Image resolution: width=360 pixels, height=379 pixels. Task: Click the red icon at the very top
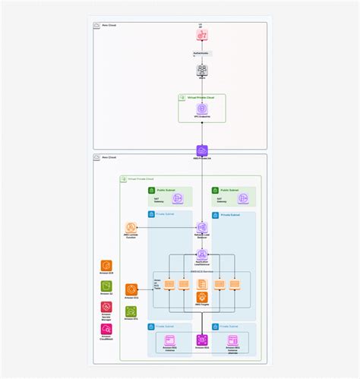tap(202, 36)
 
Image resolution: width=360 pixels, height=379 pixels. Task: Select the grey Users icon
tap(202, 70)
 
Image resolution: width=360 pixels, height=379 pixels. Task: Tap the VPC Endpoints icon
tap(202, 109)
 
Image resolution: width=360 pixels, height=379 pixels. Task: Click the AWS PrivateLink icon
tap(202, 150)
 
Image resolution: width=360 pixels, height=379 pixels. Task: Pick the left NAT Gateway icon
tap(178, 198)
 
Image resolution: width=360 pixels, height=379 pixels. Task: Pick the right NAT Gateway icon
tap(242, 198)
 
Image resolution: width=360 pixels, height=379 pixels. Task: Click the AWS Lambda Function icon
tap(131, 228)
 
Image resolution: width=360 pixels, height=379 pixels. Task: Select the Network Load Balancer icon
tap(202, 228)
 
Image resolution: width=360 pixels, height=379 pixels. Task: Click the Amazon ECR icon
tap(106, 266)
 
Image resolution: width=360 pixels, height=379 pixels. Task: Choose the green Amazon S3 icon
tap(106, 286)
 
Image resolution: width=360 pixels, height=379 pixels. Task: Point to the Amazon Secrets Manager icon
tap(106, 308)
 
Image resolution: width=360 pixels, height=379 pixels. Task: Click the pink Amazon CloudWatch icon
tap(106, 330)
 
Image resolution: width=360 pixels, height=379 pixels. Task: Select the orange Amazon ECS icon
tap(131, 289)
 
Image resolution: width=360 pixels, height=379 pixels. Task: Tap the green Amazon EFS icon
tap(131, 311)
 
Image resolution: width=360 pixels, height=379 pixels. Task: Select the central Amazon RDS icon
tap(202, 340)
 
